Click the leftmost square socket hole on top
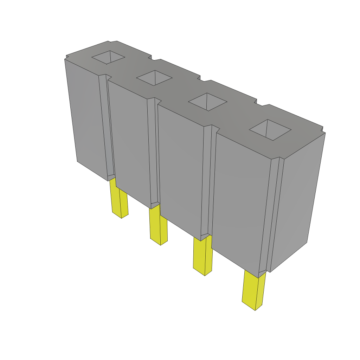coord(109,57)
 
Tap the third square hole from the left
coord(207,102)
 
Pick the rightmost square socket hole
coord(270,130)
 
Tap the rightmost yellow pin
coord(254,290)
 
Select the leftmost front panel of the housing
coord(86,116)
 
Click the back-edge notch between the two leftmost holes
coord(151,57)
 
